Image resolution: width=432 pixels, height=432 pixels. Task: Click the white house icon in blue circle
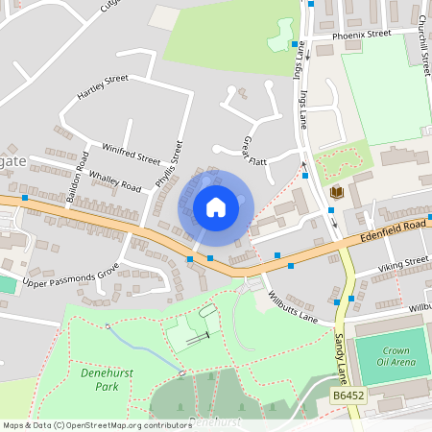click(x=215, y=206)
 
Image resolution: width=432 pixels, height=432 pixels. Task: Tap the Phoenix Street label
click(x=362, y=34)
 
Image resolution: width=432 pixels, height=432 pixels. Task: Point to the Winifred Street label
click(x=132, y=154)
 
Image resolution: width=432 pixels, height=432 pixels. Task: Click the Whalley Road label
click(x=114, y=180)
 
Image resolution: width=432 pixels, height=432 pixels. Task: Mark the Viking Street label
click(x=402, y=261)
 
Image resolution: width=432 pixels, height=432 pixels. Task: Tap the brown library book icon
click(x=335, y=193)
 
